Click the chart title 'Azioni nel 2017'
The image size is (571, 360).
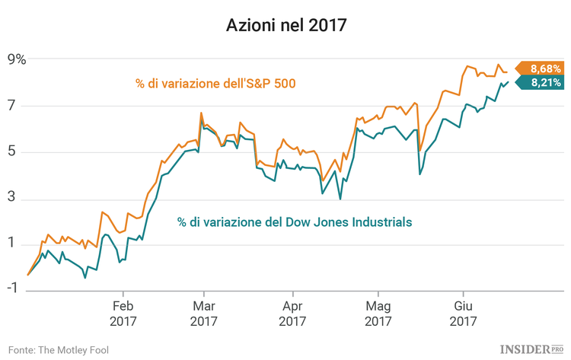[x=285, y=26]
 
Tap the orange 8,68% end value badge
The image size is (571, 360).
[x=544, y=68]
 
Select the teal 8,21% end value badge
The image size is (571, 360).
[x=544, y=82]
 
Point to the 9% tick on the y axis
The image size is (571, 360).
[x=17, y=59]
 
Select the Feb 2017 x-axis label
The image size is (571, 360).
[x=123, y=314]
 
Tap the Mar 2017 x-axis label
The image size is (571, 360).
[x=203, y=314]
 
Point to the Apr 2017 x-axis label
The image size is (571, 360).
[x=293, y=314]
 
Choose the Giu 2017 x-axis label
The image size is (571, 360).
[x=462, y=314]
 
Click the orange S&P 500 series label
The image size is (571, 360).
[x=215, y=84]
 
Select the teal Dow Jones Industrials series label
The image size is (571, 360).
[x=295, y=222]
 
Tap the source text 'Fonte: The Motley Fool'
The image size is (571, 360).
[x=59, y=349]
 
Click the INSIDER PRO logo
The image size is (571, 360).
[x=531, y=349]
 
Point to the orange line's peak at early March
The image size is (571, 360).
[x=201, y=113]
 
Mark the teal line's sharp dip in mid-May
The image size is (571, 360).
[x=420, y=174]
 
